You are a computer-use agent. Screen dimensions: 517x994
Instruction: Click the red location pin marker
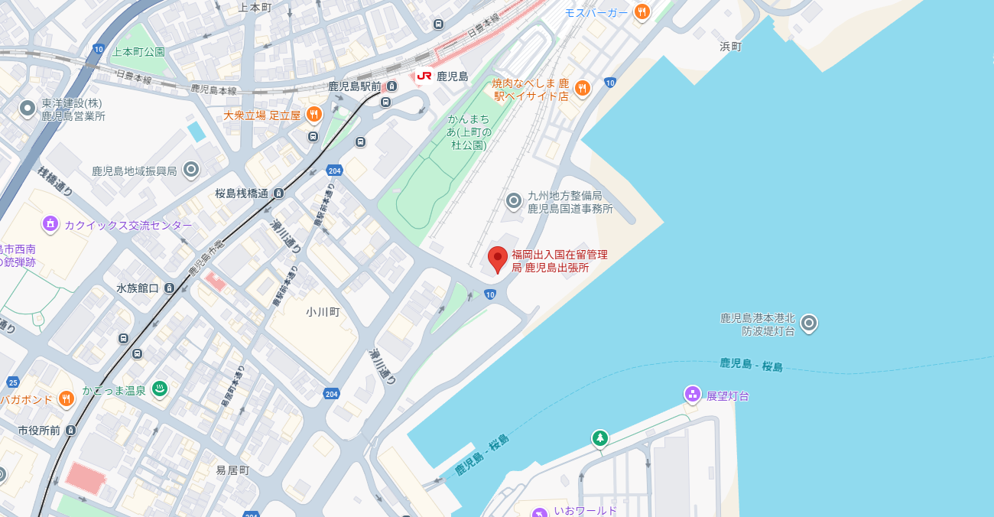point(498,259)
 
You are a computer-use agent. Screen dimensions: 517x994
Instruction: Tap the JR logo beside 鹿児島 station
point(424,76)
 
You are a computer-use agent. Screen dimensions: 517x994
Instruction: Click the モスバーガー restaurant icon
point(642,12)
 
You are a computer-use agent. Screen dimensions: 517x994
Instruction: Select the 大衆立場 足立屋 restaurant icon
point(313,115)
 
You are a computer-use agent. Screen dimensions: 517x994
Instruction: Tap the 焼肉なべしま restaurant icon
point(583,89)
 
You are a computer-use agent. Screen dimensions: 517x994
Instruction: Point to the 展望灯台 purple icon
point(693,395)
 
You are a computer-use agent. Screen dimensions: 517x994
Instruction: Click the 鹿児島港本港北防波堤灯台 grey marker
point(809,324)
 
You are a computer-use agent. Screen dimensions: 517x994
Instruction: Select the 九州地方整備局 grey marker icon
point(514,201)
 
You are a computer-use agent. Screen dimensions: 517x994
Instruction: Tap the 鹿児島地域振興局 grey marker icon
point(191,170)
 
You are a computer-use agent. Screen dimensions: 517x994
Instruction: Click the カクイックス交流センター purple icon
point(50,224)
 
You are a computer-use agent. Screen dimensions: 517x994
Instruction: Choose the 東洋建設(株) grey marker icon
point(28,109)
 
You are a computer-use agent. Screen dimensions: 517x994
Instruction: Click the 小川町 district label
point(322,312)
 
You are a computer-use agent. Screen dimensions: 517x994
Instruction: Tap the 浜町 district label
point(730,47)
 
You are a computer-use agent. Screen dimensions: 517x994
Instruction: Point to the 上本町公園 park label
point(138,52)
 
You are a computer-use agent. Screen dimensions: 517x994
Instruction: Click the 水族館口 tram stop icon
point(169,288)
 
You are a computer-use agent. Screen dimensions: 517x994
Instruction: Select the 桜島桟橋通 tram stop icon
point(279,193)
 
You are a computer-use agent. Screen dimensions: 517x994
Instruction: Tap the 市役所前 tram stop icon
point(71,431)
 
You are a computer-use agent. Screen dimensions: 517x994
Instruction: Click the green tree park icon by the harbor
point(600,438)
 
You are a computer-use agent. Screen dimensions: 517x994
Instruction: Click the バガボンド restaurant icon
point(67,398)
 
